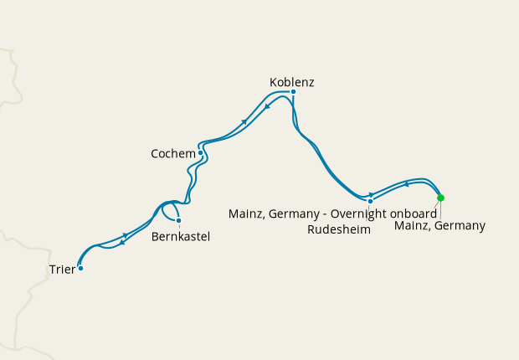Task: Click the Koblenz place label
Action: [292, 82]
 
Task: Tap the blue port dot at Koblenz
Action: [293, 91]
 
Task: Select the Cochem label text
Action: [172, 154]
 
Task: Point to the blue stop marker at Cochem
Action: [201, 153]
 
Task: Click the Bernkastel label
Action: [181, 237]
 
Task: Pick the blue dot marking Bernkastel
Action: [178, 220]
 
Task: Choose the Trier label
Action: [60, 270]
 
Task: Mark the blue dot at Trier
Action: [80, 269]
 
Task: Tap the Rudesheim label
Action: [338, 229]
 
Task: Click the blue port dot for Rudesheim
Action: [370, 201]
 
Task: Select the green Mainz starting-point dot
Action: [441, 198]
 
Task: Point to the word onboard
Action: [413, 214]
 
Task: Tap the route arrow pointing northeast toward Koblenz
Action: [244, 122]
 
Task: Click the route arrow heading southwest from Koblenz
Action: [266, 106]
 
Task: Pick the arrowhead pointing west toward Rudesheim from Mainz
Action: [406, 184]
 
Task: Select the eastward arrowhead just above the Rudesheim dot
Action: [370, 195]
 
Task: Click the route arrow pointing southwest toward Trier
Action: [122, 243]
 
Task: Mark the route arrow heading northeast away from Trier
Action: [126, 235]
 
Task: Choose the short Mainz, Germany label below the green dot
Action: [439, 226]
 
